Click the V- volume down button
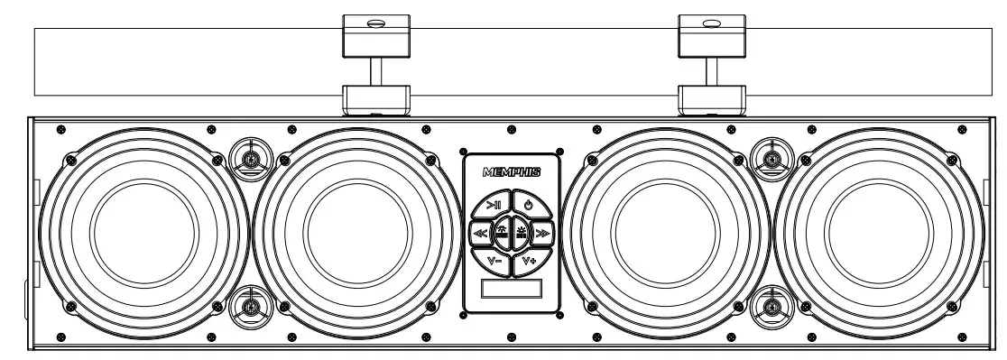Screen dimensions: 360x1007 click(494, 261)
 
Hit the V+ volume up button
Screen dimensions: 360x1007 click(529, 261)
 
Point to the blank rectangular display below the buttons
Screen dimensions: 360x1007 click(511, 291)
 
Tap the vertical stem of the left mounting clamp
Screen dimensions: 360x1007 click(374, 70)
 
